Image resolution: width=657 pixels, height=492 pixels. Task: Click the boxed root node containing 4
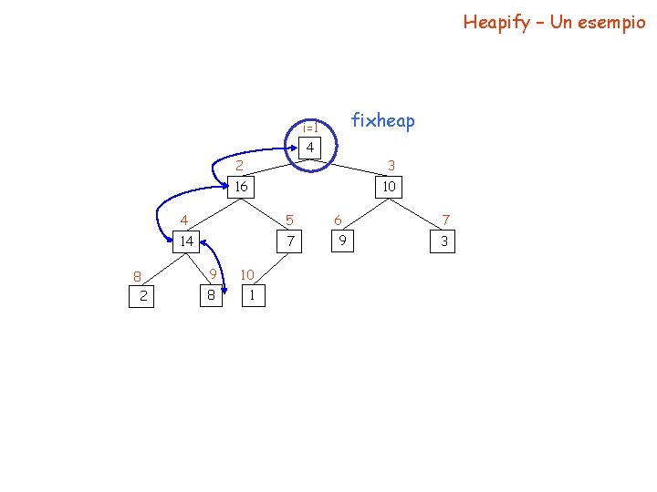tap(310, 148)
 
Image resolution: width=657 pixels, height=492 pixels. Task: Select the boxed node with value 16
tap(240, 187)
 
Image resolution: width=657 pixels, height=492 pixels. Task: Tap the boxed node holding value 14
tap(186, 241)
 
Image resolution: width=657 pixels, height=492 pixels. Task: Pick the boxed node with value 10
tap(389, 187)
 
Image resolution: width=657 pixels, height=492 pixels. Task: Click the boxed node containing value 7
tap(290, 241)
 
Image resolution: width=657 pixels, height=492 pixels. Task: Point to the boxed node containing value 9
tap(342, 241)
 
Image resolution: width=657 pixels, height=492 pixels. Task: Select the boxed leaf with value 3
tap(444, 241)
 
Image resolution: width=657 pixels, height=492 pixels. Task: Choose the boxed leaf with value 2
tap(143, 296)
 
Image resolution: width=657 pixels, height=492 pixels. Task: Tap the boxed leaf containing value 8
tap(211, 296)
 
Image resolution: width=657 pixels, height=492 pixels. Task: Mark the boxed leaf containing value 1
tap(252, 296)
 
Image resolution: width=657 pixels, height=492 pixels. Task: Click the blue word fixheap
tap(382, 120)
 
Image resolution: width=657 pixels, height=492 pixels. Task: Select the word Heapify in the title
tap(495, 22)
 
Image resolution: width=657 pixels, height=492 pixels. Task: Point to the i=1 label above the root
tap(309, 128)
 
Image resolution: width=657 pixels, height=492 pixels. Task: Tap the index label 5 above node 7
tap(289, 220)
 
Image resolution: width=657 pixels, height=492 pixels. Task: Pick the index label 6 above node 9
tap(338, 220)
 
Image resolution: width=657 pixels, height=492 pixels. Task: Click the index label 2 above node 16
tap(239, 166)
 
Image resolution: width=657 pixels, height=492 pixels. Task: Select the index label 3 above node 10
tap(391, 166)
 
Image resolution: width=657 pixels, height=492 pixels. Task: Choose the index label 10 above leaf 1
tap(247, 274)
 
